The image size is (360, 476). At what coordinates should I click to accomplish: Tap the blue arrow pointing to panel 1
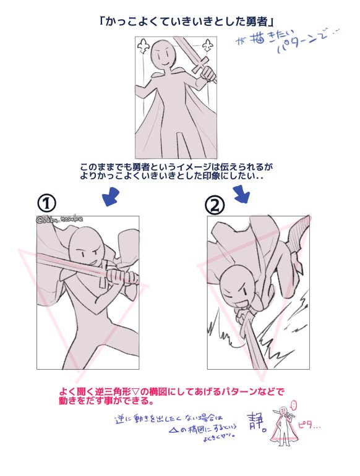point(111,198)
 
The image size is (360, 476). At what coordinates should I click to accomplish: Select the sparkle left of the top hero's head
point(145,46)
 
